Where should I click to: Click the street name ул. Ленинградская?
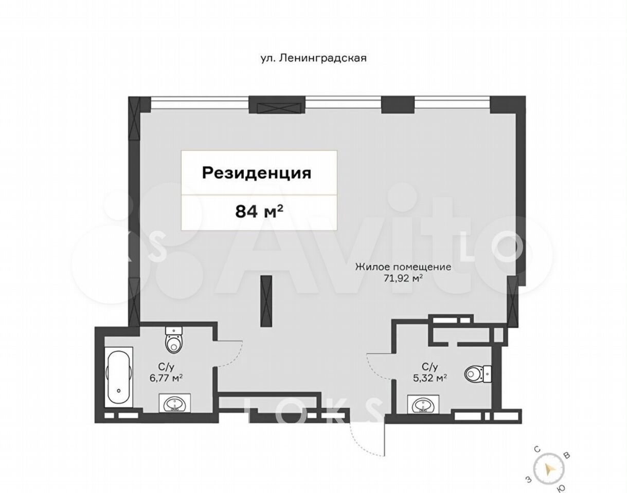(x=313, y=59)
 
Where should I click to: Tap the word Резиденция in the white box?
(x=257, y=174)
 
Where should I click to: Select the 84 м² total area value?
(x=259, y=212)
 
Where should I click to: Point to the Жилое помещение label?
(x=403, y=267)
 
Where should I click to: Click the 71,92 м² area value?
(x=403, y=278)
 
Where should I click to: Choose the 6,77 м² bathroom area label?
(x=166, y=378)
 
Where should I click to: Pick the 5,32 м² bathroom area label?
(x=430, y=378)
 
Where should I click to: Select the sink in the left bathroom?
(x=174, y=404)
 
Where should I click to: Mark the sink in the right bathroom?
(x=423, y=405)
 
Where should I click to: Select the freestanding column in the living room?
(x=266, y=302)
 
